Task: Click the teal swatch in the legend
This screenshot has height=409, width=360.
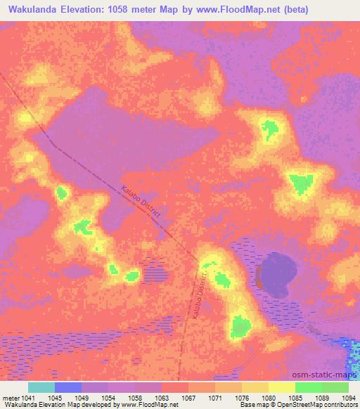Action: (x=41, y=387)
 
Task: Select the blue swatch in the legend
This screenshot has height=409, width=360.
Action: (x=68, y=387)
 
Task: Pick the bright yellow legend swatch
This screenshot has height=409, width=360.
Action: (x=281, y=387)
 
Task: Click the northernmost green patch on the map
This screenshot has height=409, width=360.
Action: (x=270, y=128)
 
